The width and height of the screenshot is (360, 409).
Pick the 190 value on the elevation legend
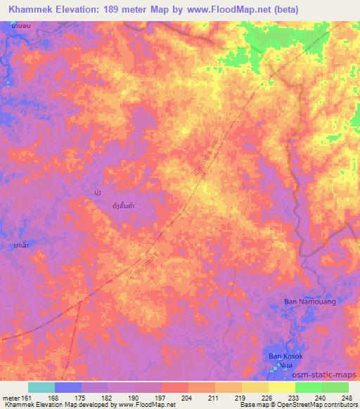[135, 397]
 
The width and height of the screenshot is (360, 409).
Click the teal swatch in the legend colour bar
[41, 387]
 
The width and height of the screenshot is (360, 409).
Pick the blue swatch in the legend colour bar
[68, 387]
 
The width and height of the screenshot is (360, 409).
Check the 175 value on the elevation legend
[82, 397]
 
